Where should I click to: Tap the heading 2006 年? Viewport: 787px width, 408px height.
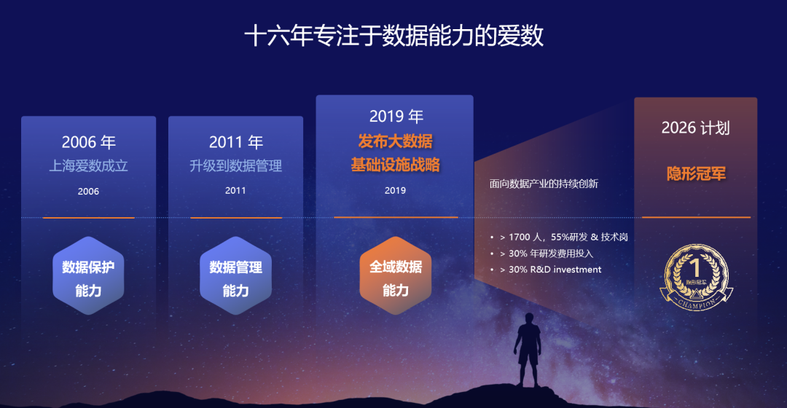click(x=88, y=142)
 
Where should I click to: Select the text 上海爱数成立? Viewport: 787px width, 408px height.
click(x=88, y=166)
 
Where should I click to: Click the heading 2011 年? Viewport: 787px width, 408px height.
click(x=235, y=142)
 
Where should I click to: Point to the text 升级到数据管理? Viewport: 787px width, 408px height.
click(x=235, y=166)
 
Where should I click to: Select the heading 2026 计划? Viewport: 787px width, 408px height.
click(x=695, y=128)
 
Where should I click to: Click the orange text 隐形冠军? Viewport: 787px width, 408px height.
click(x=696, y=174)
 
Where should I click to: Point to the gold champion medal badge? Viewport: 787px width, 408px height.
click(x=696, y=275)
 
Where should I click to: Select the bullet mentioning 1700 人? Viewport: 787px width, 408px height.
click(x=563, y=238)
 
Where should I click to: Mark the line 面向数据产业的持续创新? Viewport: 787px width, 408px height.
click(x=544, y=184)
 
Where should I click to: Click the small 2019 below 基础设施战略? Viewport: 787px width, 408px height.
click(x=395, y=190)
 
